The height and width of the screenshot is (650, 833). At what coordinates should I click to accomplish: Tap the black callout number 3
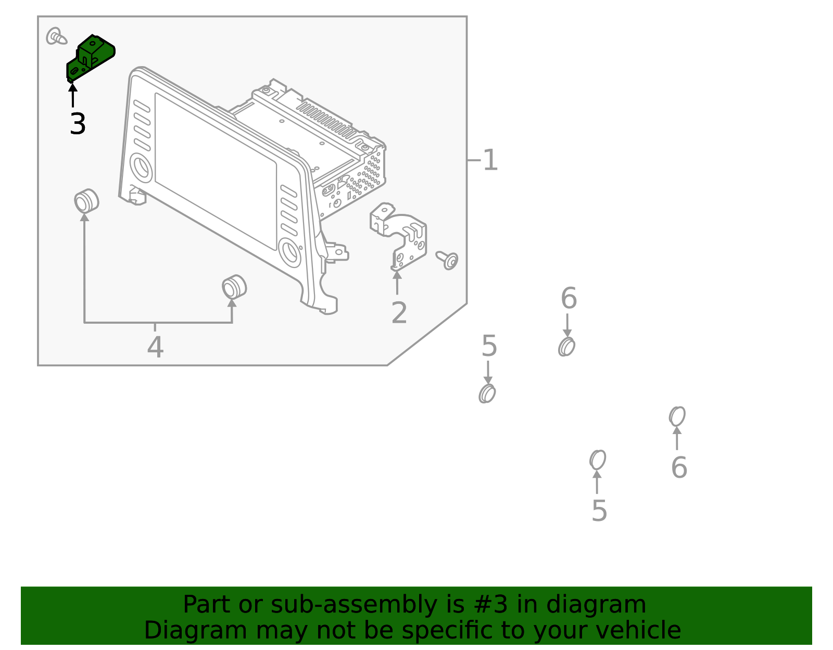[78, 124]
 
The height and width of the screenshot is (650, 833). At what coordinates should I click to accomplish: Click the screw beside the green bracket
[56, 36]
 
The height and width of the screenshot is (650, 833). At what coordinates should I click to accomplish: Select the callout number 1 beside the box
[490, 160]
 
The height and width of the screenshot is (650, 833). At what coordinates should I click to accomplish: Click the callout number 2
[399, 313]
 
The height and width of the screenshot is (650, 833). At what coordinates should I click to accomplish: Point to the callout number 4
[155, 348]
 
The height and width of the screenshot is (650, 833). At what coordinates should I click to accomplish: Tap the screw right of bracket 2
[448, 260]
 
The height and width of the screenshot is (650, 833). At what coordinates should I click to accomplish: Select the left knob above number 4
[86, 201]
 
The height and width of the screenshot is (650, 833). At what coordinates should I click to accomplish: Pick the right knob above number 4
[234, 287]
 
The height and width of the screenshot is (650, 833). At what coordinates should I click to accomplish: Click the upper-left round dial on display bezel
[141, 167]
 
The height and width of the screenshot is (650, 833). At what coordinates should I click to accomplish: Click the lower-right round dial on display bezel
[289, 252]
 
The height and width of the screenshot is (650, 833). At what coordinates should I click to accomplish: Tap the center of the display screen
[216, 171]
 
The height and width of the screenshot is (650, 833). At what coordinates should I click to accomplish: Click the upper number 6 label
[569, 299]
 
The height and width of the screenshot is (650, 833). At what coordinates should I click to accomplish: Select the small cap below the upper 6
[566, 347]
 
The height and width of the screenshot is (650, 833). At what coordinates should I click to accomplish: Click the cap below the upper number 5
[487, 393]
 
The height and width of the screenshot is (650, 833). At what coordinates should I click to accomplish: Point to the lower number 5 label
[599, 511]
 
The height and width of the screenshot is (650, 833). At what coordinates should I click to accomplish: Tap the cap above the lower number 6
[677, 416]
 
